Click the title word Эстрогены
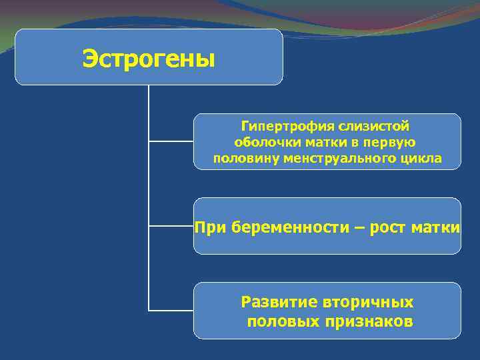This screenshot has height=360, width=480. (x=149, y=59)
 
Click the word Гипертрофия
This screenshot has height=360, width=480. (x=279, y=126)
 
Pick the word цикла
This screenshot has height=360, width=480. (x=422, y=158)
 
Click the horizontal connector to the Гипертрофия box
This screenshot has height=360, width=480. (x=171, y=141)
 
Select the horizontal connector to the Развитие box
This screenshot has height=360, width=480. (x=171, y=310)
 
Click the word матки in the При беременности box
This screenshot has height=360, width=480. (x=435, y=227)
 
